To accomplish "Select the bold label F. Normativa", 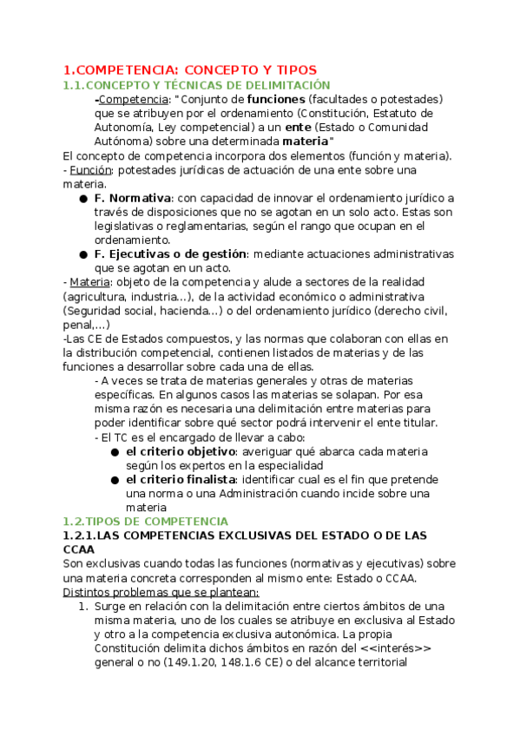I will (x=132, y=198).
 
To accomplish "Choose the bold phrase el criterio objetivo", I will (x=181, y=451).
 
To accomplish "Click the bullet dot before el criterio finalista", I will (x=115, y=480).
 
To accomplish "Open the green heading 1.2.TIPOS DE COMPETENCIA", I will (x=145, y=522).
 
